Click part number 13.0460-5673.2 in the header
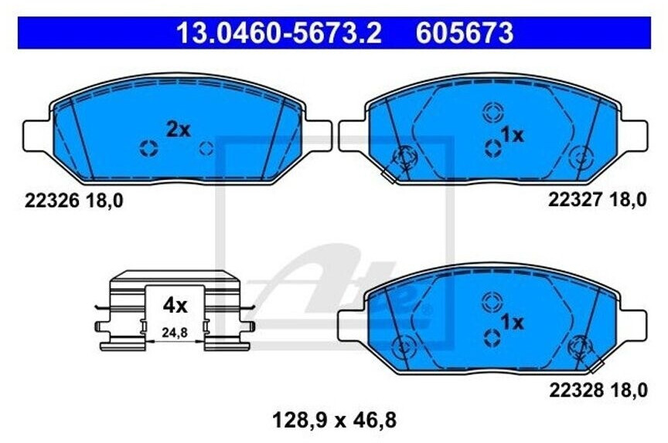pyautogui.click(x=279, y=33)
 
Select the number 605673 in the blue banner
pyautogui.click(x=465, y=33)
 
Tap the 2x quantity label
pyautogui.click(x=178, y=130)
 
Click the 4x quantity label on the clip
pyautogui.click(x=175, y=306)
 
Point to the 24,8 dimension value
pyautogui.click(x=175, y=333)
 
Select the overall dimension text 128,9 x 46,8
pyautogui.click(x=334, y=421)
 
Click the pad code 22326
pyautogui.click(x=52, y=201)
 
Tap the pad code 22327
pyautogui.click(x=575, y=199)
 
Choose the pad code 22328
pyautogui.click(x=576, y=390)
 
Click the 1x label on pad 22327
pyautogui.click(x=512, y=135)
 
